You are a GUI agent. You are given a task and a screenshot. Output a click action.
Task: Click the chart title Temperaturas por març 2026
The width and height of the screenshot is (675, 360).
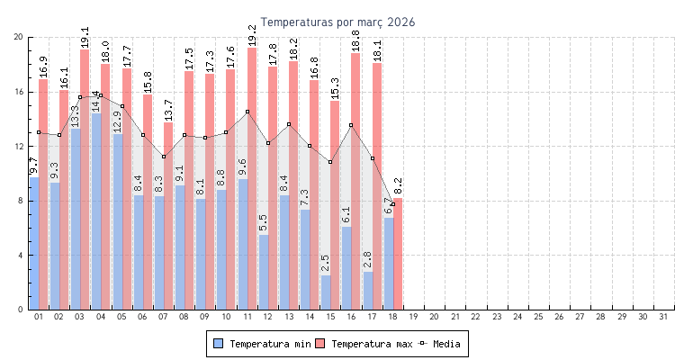pos(337,22)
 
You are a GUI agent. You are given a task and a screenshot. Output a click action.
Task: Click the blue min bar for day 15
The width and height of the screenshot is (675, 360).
pos(325,292)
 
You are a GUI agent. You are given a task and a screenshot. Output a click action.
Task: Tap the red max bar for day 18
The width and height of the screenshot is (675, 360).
pos(398,254)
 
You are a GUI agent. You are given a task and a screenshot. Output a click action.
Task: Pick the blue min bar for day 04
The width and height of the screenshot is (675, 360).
pos(95,211)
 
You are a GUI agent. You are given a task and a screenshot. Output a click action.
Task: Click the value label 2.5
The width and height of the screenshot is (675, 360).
pos(325,262)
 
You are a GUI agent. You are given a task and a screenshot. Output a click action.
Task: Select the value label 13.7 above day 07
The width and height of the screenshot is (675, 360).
pos(168,109)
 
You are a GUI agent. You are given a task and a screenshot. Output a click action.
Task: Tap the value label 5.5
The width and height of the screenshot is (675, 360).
pos(263,221)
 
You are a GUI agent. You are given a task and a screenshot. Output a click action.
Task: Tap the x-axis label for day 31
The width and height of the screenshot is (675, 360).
pos(663,317)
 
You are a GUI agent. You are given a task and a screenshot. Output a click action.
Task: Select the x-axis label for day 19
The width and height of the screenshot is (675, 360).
pos(413,317)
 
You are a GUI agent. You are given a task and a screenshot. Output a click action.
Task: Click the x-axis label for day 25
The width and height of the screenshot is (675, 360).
pos(538,317)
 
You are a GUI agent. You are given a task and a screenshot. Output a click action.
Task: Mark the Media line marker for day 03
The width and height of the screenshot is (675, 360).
pos(80,97)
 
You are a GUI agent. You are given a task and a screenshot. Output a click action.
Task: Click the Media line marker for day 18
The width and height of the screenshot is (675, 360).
pos(392,204)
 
